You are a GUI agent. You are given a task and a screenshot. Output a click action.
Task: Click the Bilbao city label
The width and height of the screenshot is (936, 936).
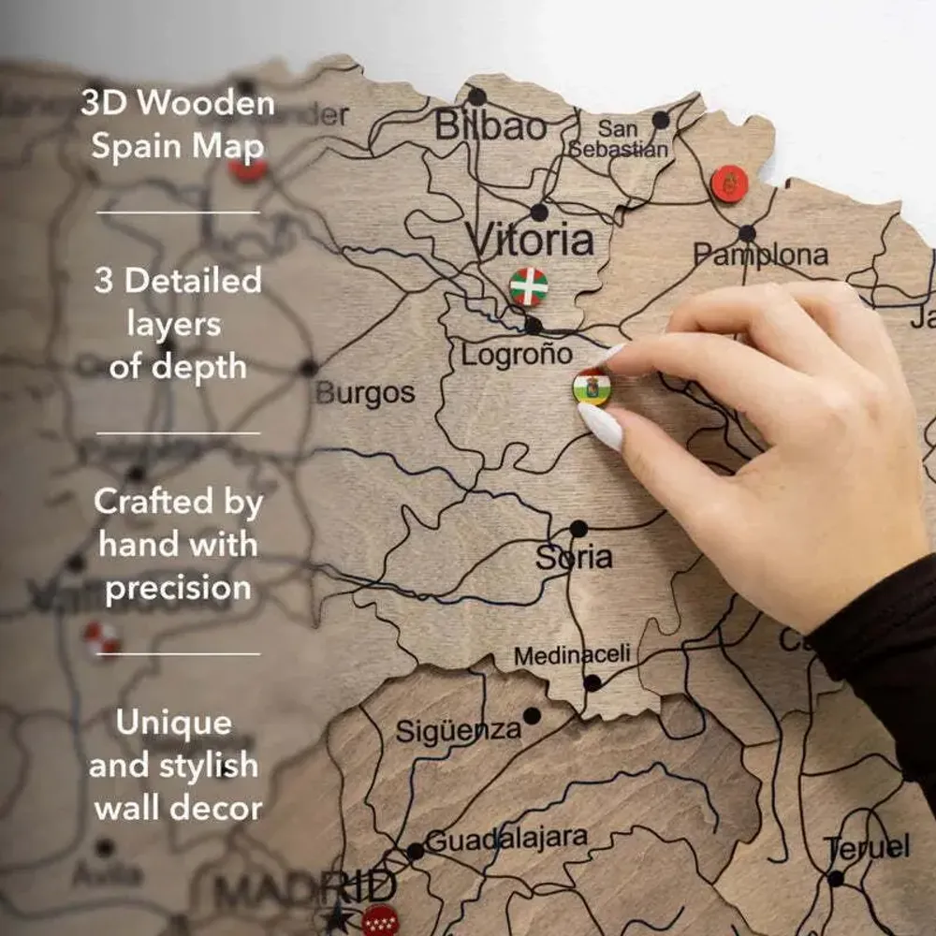(x=490, y=125)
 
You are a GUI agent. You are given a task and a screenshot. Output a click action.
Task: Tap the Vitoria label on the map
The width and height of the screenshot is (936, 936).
(x=531, y=241)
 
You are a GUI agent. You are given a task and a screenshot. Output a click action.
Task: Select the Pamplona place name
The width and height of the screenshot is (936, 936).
(x=760, y=255)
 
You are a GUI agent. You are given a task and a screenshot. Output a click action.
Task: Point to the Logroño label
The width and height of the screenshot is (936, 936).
(x=516, y=355)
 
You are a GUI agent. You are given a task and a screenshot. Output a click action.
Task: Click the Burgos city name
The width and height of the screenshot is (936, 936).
(x=365, y=393)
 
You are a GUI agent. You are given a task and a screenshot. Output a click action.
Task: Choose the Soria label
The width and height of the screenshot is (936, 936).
(x=574, y=559)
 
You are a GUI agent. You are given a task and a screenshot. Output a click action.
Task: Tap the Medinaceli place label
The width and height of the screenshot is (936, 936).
(x=572, y=655)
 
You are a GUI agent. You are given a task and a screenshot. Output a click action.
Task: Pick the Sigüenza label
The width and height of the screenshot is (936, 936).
(x=458, y=730)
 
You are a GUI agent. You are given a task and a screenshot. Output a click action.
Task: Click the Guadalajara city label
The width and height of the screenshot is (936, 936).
(x=506, y=839)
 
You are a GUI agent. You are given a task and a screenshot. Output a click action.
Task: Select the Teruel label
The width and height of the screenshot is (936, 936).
(x=867, y=848)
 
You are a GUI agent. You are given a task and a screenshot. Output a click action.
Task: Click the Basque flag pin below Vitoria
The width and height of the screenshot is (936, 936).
(x=529, y=286)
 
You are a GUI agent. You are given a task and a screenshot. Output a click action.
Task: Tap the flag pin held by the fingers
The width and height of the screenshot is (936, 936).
(x=592, y=387)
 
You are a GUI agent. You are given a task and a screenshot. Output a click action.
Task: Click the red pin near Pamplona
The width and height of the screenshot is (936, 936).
(x=729, y=184)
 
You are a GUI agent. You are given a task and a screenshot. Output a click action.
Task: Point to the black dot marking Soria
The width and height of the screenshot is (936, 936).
(x=578, y=528)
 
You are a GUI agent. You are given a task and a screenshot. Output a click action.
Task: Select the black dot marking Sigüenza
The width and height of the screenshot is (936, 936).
(x=532, y=716)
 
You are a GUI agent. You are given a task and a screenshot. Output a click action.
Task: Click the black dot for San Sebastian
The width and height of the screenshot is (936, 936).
(x=661, y=120)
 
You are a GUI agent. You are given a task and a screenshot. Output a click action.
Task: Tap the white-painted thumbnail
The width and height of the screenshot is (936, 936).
(x=601, y=426)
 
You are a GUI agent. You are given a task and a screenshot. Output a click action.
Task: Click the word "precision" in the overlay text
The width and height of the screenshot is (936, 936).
(x=178, y=588)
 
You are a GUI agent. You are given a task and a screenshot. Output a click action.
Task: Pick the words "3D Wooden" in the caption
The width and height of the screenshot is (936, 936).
(x=177, y=103)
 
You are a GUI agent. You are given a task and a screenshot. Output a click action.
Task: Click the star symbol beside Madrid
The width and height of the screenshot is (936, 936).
(x=336, y=917)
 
